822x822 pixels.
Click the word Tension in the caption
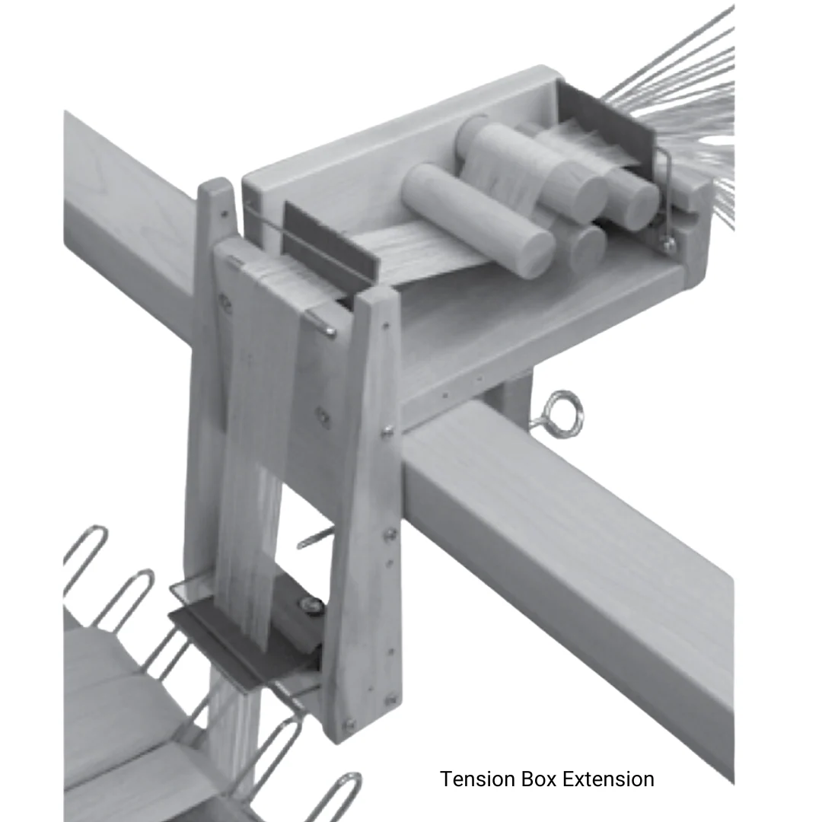coord(477,779)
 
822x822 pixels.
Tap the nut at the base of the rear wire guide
coord(668,245)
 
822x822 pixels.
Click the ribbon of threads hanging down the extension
coord(251,457)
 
